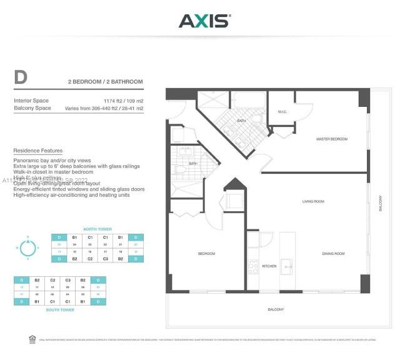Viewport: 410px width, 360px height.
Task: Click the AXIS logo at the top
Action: pyautogui.click(x=204, y=21)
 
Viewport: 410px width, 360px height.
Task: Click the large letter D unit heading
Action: pyautogui.click(x=21, y=78)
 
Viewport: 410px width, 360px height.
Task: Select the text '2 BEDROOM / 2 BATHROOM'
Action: pyautogui.click(x=106, y=82)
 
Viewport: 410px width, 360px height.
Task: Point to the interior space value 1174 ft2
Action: pyautogui.click(x=112, y=101)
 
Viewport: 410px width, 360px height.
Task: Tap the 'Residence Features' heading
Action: pyautogui.click(x=37, y=151)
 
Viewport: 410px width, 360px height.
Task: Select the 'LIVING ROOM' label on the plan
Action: pyautogui.click(x=313, y=201)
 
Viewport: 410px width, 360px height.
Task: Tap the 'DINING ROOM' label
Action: pyautogui.click(x=332, y=254)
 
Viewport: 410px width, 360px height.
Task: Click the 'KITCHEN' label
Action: pyautogui.click(x=269, y=266)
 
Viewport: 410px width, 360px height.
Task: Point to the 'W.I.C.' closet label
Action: pyautogui.click(x=282, y=112)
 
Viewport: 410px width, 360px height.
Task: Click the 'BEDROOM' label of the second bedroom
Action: pyautogui.click(x=206, y=254)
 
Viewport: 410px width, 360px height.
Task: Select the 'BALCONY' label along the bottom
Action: pyautogui.click(x=276, y=309)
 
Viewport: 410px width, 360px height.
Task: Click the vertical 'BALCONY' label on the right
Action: pyautogui.click(x=380, y=204)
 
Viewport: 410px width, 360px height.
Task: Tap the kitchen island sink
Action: pyautogui.click(x=287, y=265)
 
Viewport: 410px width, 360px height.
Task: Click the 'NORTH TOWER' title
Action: pyautogui.click(x=97, y=229)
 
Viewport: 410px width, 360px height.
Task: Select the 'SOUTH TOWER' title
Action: pyautogui.click(x=59, y=310)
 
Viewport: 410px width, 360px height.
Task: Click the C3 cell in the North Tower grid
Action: pyautogui.click(x=106, y=258)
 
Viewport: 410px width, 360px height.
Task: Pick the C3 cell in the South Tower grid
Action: pyautogui.click(x=67, y=281)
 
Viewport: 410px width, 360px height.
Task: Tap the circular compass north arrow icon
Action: pyautogui.click(x=27, y=247)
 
